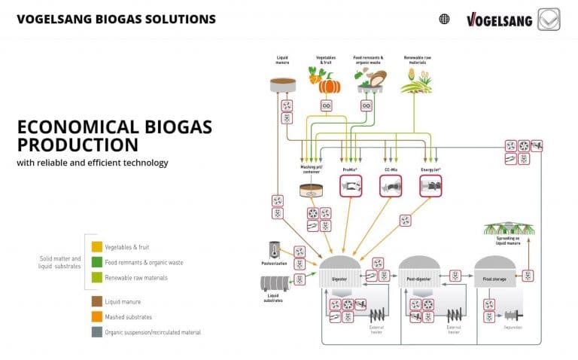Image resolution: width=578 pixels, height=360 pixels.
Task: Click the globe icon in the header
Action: click(444, 19)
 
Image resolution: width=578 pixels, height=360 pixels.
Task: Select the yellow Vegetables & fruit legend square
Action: click(97, 246)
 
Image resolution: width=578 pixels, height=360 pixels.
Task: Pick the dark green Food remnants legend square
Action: click(97, 262)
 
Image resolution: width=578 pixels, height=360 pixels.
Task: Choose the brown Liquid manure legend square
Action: click(97, 301)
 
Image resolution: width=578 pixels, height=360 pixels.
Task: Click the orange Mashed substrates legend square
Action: click(97, 316)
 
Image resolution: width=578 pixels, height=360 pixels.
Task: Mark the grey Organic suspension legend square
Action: click(97, 332)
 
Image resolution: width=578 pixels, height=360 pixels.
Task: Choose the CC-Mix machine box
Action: click(391, 185)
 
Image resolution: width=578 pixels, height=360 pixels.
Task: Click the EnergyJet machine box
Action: click(430, 185)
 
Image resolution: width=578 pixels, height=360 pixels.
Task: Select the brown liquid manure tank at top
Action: click(283, 84)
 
